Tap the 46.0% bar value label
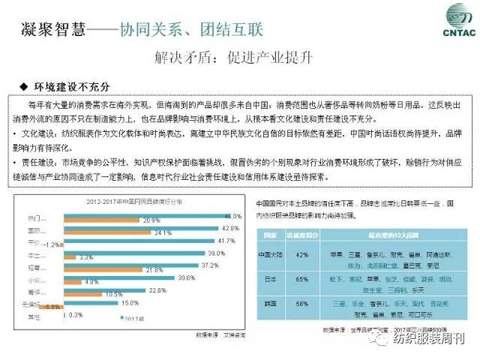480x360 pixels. click(233, 217)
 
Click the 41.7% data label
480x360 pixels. click(227, 240)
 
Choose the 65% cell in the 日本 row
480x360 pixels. click(303, 281)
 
